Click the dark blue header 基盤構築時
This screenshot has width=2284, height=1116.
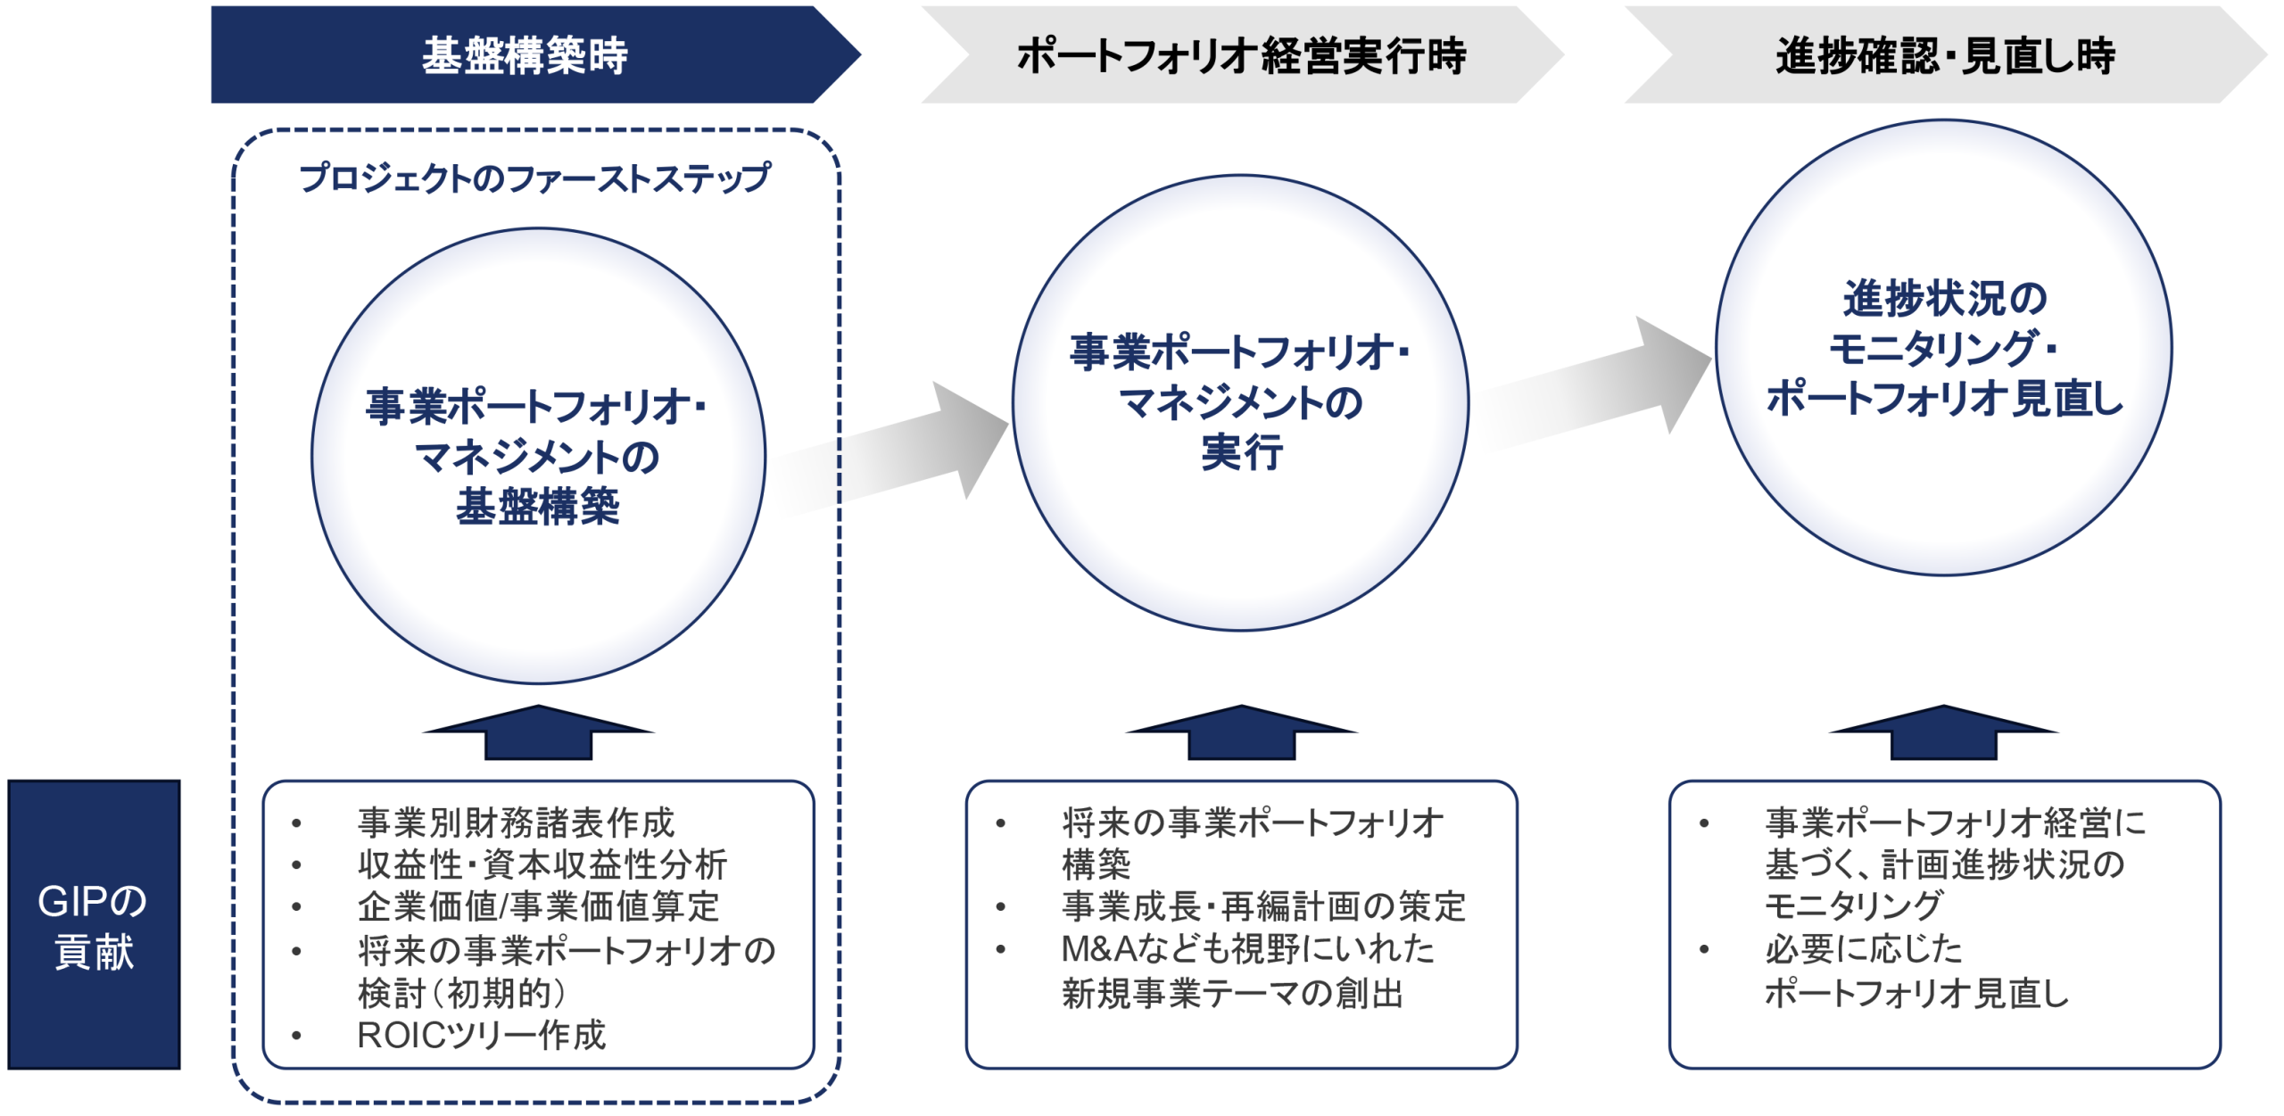coord(535,54)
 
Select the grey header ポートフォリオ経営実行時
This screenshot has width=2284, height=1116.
coord(1242,54)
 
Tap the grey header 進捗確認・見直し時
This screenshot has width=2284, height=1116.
coord(1945,54)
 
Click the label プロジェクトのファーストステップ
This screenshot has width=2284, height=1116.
coord(534,178)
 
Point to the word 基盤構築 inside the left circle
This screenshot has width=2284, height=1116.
coord(538,507)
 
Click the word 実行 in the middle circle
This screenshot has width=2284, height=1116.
coord(1242,452)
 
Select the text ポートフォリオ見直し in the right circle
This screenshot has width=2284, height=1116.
coord(1945,398)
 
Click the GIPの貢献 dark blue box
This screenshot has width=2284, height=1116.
coord(94,924)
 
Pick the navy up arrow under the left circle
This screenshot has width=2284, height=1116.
coord(538,732)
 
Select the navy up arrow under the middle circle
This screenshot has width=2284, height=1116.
coord(1241,732)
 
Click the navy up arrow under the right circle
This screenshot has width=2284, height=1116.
coord(1944,732)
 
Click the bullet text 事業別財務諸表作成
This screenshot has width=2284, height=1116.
coord(516,823)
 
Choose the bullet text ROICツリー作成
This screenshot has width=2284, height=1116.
coord(482,1035)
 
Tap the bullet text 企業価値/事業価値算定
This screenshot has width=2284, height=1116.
coord(538,906)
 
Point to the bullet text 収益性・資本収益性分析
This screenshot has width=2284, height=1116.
coord(542,864)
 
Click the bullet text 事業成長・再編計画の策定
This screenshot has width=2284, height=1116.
coord(1263,906)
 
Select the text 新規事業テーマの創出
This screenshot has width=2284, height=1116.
coord(1232,993)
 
